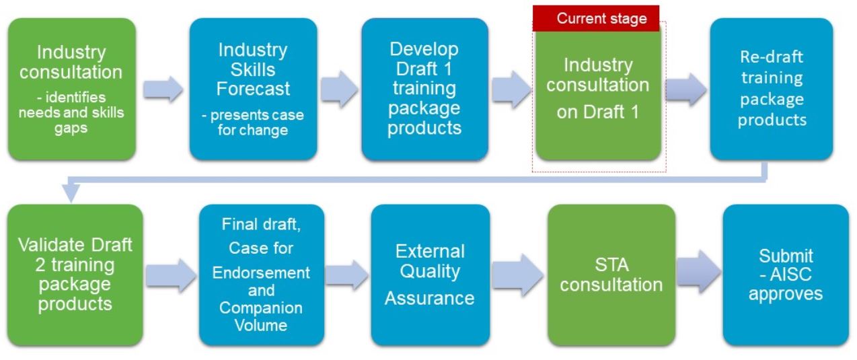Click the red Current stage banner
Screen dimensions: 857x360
596,18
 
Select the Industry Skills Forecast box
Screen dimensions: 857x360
254,89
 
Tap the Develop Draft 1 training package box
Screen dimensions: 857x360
424,89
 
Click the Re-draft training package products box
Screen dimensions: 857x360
772,89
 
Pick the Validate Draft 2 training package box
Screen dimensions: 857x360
75,275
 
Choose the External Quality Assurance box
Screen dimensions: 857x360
430,275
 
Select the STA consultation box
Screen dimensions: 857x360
611,275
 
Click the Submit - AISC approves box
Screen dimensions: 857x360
786,275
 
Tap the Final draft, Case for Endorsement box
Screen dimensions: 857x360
261,275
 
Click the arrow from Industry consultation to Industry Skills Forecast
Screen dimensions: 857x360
163,89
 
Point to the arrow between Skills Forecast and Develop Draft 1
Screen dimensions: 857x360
339,89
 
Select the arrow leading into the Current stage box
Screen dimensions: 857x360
511,89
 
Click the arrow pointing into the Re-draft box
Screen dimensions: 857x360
686,89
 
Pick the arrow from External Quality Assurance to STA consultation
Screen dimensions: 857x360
518,275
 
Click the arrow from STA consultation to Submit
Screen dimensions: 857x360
699,272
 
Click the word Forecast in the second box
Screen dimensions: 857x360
254,89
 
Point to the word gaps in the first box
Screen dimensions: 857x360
71,129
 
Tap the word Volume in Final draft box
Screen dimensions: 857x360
261,325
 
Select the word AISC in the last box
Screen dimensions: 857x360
790,275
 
